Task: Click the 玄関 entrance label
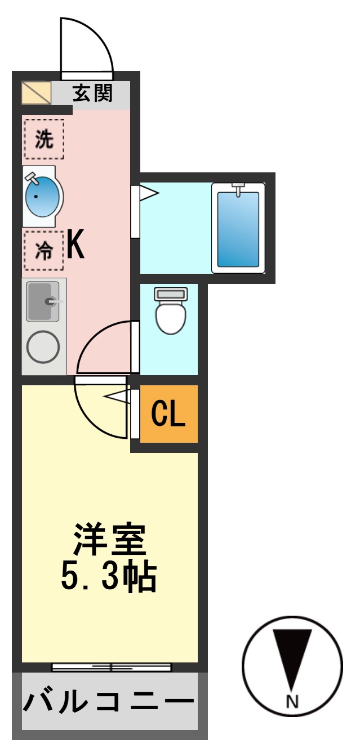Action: pos(92,92)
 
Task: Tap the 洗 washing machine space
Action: pos(43,139)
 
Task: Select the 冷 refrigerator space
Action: pos(43,251)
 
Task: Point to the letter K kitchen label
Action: pos(75,246)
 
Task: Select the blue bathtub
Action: pos(238,229)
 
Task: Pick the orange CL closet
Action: pos(168,414)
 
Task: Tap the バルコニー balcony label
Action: pos(108,702)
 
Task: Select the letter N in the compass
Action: pos(292,702)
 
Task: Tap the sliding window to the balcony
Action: pos(111,668)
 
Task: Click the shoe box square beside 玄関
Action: pos(36,93)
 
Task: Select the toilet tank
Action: pos(171,293)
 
